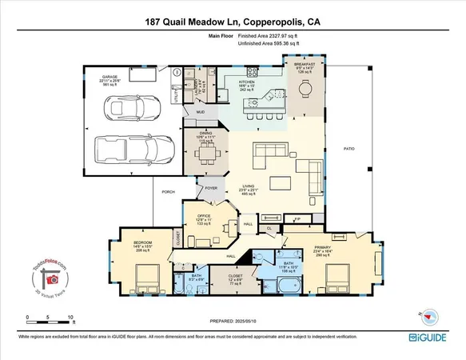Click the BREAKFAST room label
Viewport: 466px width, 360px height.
[305, 65]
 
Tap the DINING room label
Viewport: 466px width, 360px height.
[205, 134]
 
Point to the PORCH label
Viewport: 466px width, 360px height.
[169, 192]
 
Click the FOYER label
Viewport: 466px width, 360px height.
[211, 188]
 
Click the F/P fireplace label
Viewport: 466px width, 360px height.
[297, 218]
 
